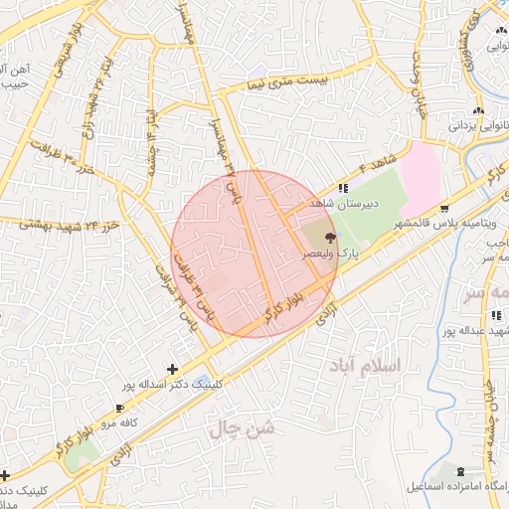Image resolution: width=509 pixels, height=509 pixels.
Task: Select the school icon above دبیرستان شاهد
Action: (x=343, y=188)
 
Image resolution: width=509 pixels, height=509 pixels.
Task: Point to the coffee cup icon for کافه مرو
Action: (x=120, y=408)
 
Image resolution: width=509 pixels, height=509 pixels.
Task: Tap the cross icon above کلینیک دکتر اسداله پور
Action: (x=175, y=369)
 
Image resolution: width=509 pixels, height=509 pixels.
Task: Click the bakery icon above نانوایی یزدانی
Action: (x=479, y=110)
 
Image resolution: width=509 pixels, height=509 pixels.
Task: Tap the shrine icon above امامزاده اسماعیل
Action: (x=459, y=470)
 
